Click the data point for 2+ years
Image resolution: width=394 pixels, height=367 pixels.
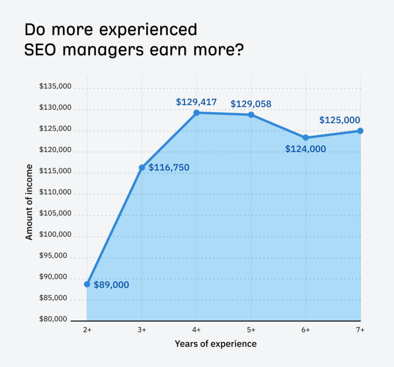(87, 284)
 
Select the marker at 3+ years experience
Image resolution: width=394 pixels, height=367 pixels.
(142, 168)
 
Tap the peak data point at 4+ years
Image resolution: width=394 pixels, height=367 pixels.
(196, 112)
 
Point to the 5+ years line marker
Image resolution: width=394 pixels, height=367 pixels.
(251, 114)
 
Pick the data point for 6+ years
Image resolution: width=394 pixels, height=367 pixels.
(306, 138)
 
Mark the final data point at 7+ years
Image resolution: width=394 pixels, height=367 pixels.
(360, 131)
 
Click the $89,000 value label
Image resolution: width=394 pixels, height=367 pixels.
(111, 285)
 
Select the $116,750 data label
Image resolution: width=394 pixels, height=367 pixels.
(169, 167)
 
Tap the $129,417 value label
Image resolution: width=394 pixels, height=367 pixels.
(196, 102)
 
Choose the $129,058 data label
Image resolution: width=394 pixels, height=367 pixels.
(251, 104)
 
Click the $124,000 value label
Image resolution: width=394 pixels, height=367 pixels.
(305, 149)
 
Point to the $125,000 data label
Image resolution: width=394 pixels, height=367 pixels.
(339, 120)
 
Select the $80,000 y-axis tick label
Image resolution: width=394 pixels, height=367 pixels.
(55, 319)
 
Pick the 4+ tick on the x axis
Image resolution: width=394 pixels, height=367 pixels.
(196, 330)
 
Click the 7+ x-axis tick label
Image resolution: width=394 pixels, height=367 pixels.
(360, 330)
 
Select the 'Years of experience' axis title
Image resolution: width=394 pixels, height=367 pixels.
(215, 343)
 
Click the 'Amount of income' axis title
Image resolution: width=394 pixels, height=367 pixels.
(29, 202)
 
